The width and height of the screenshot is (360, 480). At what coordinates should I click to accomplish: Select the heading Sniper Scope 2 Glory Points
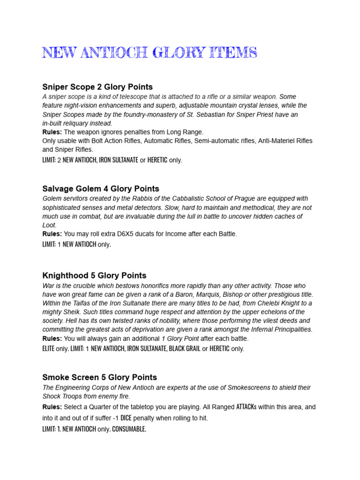[x=97, y=87]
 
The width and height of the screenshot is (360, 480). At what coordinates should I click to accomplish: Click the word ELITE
[x=49, y=349]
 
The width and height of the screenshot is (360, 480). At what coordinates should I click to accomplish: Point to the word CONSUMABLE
[x=129, y=429]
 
